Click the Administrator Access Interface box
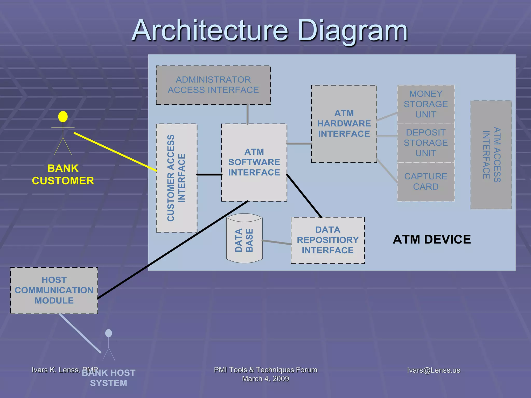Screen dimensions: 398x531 pyautogui.click(x=213, y=85)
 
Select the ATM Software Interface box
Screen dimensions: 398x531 pyautogui.click(x=254, y=162)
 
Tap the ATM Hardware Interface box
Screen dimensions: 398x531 pyautogui.click(x=344, y=124)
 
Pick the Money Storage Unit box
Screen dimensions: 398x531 pyautogui.click(x=425, y=104)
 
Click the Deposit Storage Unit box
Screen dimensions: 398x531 pyautogui.click(x=425, y=143)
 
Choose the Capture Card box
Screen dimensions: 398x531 pyautogui.click(x=425, y=181)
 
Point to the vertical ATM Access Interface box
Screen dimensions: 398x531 pyautogui.click(x=491, y=155)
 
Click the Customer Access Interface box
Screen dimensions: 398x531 pyautogui.click(x=176, y=178)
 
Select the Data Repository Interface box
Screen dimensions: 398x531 pyautogui.click(x=327, y=240)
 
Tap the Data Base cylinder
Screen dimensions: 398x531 pyautogui.click(x=244, y=240)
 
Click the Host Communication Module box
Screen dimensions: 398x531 pyautogui.click(x=54, y=290)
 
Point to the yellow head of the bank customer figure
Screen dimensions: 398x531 pyautogui.click(x=63, y=117)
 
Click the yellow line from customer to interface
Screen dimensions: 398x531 pyautogui.click(x=115, y=152)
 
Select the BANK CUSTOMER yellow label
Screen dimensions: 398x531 pyautogui.click(x=63, y=174)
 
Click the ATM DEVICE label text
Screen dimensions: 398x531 pyautogui.click(x=431, y=239)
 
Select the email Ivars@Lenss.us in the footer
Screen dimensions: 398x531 pyautogui.click(x=433, y=370)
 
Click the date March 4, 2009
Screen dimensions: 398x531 pyautogui.click(x=265, y=379)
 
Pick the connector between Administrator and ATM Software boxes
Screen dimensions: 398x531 pyautogui.click(x=248, y=114)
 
